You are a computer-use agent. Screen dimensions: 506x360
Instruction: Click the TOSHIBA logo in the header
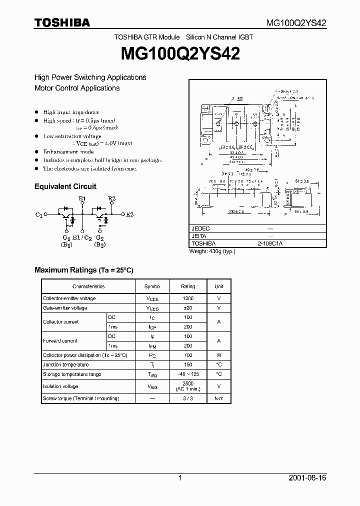pyautogui.click(x=62, y=23)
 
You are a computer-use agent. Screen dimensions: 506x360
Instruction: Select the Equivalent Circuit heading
pyautogui.click(x=65, y=186)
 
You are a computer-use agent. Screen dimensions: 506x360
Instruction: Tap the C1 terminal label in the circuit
pyautogui.click(x=39, y=214)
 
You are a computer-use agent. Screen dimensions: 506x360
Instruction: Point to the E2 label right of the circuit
pyautogui.click(x=129, y=214)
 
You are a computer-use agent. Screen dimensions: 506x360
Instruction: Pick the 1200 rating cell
pyautogui.click(x=188, y=298)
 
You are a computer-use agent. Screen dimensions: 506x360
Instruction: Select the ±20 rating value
pyautogui.click(x=188, y=308)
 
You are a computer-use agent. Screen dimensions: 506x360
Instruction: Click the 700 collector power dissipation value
pyautogui.click(x=188, y=355)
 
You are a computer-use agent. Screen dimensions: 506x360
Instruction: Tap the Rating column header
pyautogui.click(x=188, y=286)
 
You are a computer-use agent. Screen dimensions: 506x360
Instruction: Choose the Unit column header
pyautogui.click(x=219, y=286)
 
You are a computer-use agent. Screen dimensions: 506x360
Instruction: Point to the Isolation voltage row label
pyautogui.click(x=60, y=386)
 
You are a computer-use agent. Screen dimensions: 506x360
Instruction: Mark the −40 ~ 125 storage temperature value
pyautogui.click(x=188, y=374)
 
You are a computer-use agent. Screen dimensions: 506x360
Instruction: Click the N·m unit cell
pyautogui.click(x=219, y=398)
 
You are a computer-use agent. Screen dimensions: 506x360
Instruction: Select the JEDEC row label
pyautogui.click(x=200, y=228)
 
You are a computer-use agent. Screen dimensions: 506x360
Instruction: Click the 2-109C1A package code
pyautogui.click(x=270, y=243)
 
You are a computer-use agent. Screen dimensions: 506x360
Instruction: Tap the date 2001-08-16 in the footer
pyautogui.click(x=307, y=478)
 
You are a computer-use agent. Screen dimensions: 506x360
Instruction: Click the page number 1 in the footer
pyautogui.click(x=180, y=478)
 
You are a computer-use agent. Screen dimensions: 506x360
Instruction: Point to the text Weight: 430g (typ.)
pyautogui.click(x=212, y=251)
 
